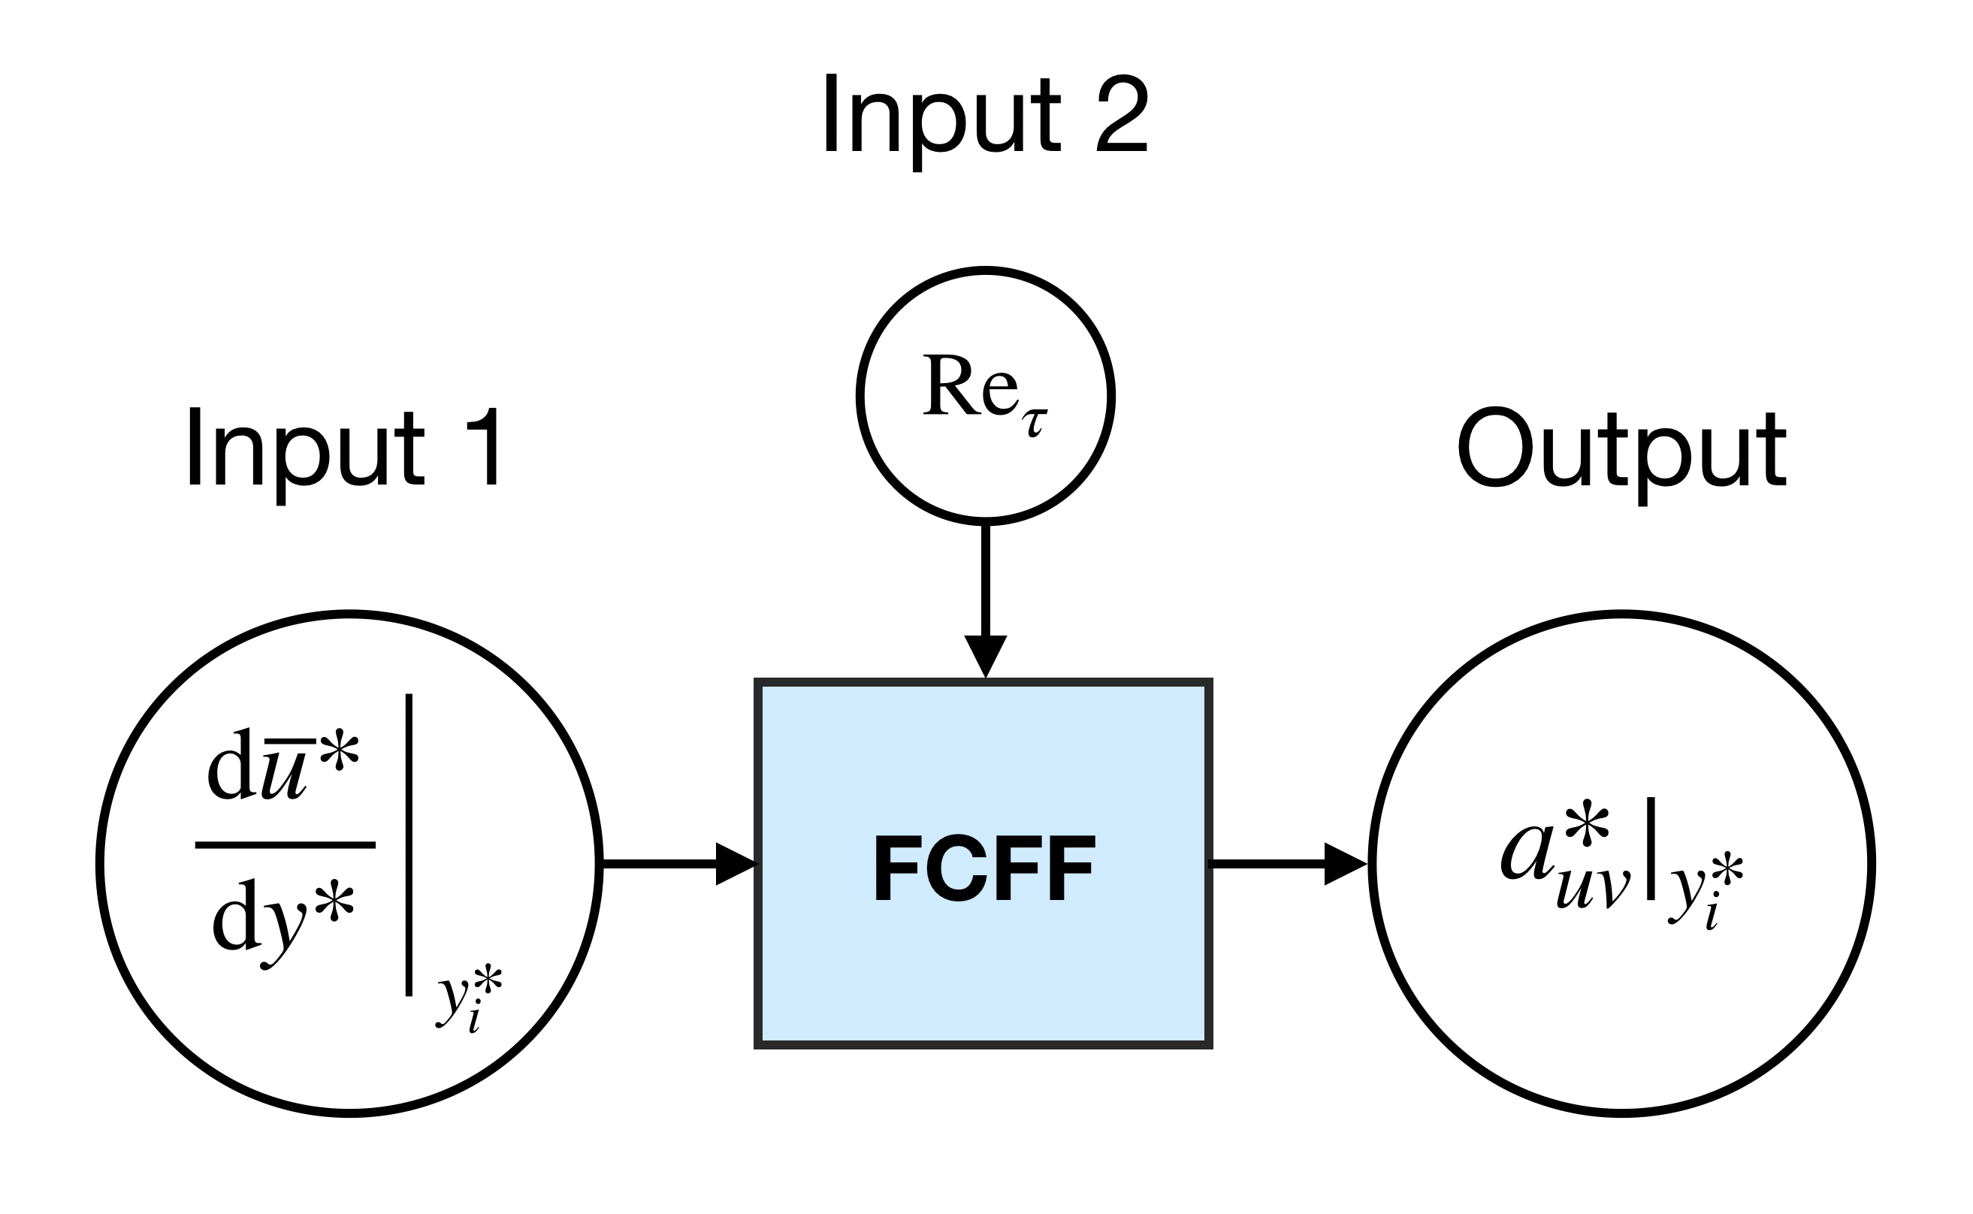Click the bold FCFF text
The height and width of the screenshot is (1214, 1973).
(x=984, y=868)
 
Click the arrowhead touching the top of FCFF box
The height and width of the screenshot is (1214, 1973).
(x=985, y=656)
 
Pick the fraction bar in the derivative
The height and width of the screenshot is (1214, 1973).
(x=285, y=844)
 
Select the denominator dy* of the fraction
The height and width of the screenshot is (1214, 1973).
(x=283, y=920)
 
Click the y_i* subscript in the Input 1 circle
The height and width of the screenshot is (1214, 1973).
(x=468, y=1000)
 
